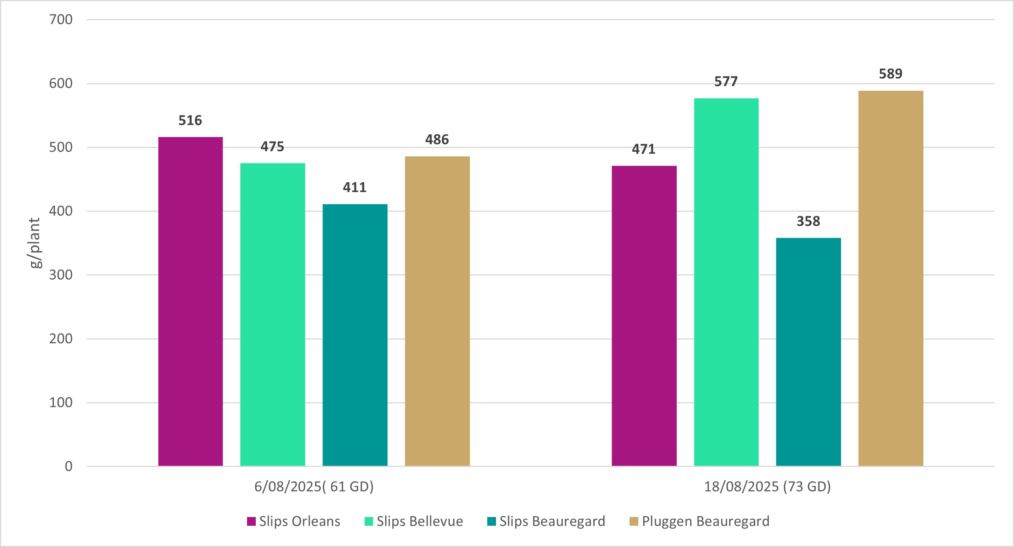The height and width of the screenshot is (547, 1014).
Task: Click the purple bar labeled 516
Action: pyautogui.click(x=191, y=302)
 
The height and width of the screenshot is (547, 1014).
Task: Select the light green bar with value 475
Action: pyautogui.click(x=272, y=314)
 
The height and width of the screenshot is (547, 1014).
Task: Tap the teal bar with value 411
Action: pyautogui.click(x=355, y=335)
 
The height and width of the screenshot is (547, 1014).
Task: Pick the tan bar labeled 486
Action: pyautogui.click(x=437, y=311)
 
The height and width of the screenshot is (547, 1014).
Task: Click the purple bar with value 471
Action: pyautogui.click(x=644, y=316)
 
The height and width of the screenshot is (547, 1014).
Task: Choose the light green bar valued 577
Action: pyautogui.click(x=726, y=282)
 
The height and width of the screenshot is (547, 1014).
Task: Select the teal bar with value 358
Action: pyautogui.click(x=808, y=352)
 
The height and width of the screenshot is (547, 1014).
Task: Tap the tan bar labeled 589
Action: pyautogui.click(x=890, y=278)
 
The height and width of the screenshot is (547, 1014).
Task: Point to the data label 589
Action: pyautogui.click(x=890, y=74)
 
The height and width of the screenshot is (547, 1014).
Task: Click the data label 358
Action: pyautogui.click(x=808, y=221)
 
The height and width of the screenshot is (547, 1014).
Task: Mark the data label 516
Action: pyautogui.click(x=190, y=120)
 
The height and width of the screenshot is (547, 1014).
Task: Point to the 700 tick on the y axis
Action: pyautogui.click(x=61, y=19)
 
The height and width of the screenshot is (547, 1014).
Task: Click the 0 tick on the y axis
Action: pyautogui.click(x=68, y=466)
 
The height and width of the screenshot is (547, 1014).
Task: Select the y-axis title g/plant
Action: pyautogui.click(x=35, y=243)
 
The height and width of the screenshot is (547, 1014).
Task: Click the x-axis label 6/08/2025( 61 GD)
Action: pyautogui.click(x=314, y=487)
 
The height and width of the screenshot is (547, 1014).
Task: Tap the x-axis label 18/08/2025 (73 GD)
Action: pyautogui.click(x=767, y=487)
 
